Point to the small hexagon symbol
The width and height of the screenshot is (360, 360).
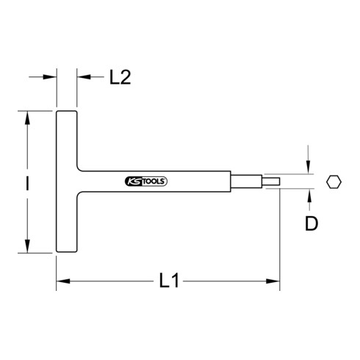tap(334, 181)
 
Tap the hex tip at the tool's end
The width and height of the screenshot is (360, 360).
tap(271, 181)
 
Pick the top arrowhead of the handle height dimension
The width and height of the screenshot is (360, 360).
tap(28, 116)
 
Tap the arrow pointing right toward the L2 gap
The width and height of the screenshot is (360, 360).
tap(51, 76)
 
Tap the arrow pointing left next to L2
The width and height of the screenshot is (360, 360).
tap(81, 76)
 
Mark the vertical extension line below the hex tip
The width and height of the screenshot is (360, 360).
tap(279, 235)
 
